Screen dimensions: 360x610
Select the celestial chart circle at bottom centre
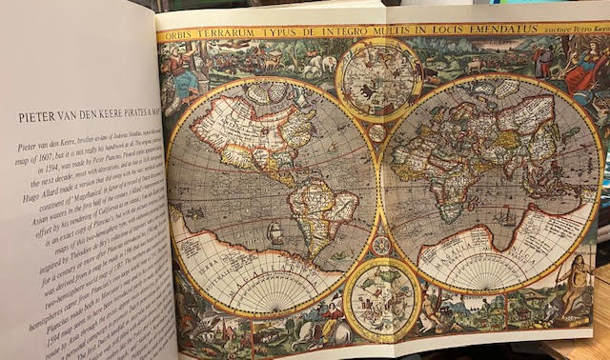[x=381, y=300]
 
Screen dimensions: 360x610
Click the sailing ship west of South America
[x=274, y=231]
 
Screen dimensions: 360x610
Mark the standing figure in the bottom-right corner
[x=577, y=287]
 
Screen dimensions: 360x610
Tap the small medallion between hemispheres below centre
[x=381, y=246]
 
